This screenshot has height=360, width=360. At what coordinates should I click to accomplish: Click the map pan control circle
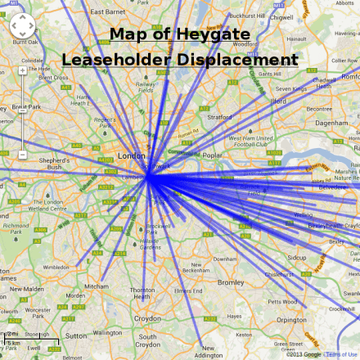point(23,31)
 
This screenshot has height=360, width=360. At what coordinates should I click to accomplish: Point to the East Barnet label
point(108,12)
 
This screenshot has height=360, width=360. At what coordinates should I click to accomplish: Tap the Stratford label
point(221,117)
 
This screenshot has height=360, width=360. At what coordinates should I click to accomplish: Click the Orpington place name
point(291,319)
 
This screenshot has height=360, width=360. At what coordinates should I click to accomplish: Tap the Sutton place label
point(75,335)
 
